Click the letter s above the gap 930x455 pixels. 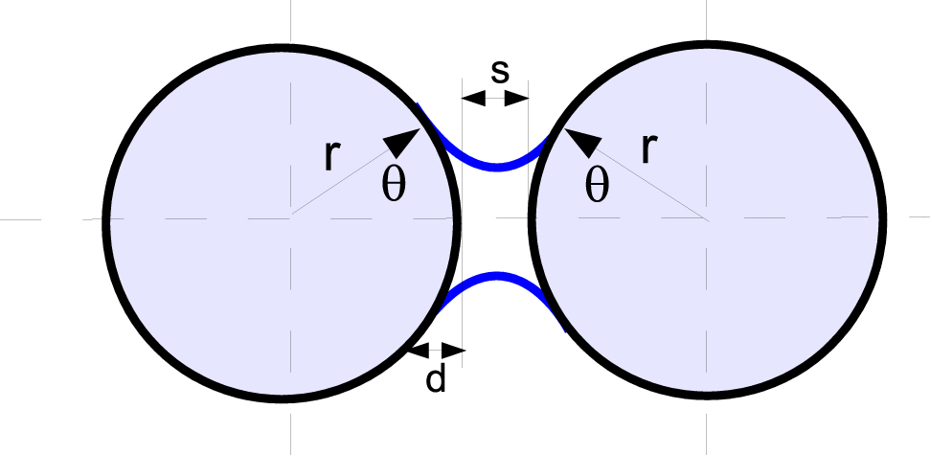coord(500,72)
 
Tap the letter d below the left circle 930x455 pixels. coord(436,378)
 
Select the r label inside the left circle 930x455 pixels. coord(332,156)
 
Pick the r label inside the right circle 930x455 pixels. coord(649,148)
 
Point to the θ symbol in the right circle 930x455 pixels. coord(597,186)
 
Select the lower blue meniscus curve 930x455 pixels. coord(497,275)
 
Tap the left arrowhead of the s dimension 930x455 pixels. coord(473,99)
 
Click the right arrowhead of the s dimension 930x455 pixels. coord(516,99)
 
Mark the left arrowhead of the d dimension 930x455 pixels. coord(419,351)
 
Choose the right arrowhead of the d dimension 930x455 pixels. coord(453,351)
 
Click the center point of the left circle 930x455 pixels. coord(290,219)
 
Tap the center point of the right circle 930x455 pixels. coord(707,219)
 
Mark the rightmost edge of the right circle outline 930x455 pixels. coord(883,219)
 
